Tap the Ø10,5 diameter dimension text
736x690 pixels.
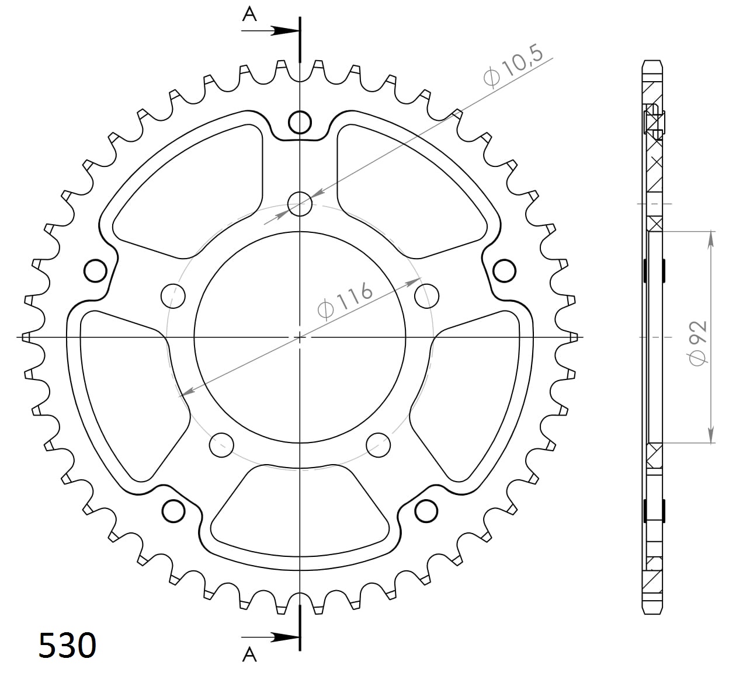pos(513,67)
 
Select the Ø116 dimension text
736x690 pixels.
pos(345,301)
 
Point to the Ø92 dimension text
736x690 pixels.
pos(697,343)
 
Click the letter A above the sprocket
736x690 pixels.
pos(249,15)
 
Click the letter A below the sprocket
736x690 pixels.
pos(249,655)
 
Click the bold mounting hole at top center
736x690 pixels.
pos(300,122)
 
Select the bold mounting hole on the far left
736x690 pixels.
pos(95,271)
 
